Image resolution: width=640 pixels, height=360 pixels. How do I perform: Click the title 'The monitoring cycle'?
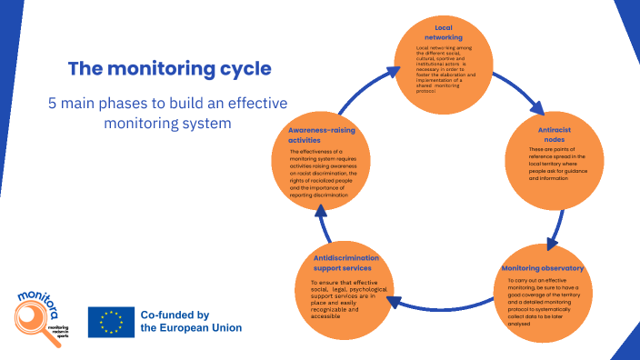click(x=169, y=69)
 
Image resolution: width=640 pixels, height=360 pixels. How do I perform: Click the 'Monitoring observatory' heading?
click(x=542, y=268)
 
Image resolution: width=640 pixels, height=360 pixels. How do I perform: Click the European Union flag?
click(x=112, y=322)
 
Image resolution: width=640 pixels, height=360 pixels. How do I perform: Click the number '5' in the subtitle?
click(x=53, y=103)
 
